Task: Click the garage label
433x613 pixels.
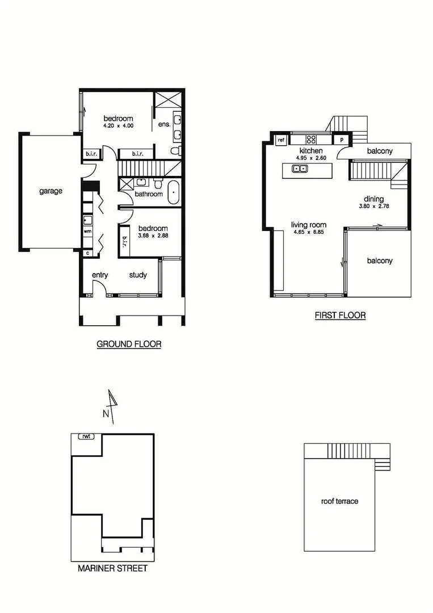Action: (51, 191)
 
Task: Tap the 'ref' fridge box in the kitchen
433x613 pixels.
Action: (280, 140)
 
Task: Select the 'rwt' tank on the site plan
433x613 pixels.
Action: (87, 436)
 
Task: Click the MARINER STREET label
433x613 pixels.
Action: (112, 568)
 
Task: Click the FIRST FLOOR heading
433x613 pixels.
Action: (340, 316)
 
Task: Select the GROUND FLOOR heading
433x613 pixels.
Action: (129, 344)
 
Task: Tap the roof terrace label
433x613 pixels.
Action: (339, 501)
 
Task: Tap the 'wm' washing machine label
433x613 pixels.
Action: (87, 232)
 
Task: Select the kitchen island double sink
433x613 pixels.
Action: (300, 168)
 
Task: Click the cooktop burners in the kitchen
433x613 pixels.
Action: (311, 139)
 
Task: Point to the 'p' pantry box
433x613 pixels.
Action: (342, 140)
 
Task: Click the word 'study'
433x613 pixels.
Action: (138, 275)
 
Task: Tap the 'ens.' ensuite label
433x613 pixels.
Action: (164, 124)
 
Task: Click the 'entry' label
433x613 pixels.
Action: (100, 275)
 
